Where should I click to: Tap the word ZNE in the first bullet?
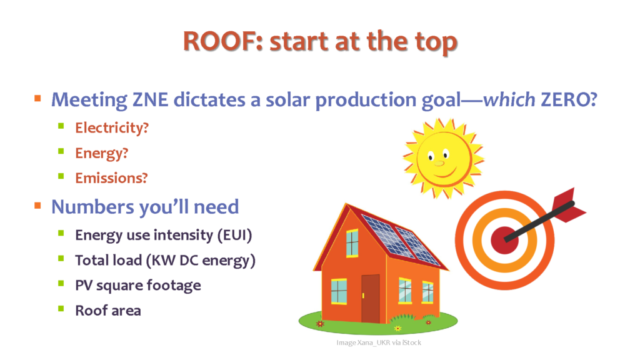[150, 99]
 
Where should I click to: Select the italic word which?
[509, 99]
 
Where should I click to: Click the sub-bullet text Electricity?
[112, 128]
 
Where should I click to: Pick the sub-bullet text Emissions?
[111, 178]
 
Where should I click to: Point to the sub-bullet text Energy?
[102, 154]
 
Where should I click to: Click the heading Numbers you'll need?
[145, 207]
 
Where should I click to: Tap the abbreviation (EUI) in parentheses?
[235, 236]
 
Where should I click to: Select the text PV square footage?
[138, 286]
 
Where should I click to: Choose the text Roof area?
[108, 311]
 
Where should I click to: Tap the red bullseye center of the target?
[504, 240]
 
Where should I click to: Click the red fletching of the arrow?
[568, 204]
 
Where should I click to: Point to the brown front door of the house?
[370, 299]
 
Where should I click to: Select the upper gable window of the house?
[352, 244]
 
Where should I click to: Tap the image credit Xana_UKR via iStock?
[379, 343]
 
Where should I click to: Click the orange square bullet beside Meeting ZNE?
[37, 98]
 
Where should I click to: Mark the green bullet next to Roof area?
[61, 309]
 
